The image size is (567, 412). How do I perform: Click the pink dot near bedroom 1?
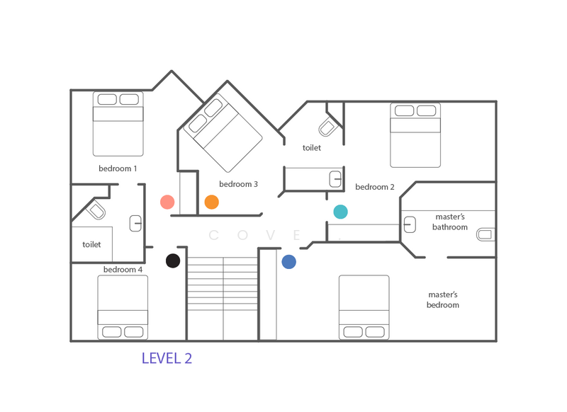click(167, 202)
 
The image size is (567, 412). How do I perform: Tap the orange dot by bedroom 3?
click(211, 202)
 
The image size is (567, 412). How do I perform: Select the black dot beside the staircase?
click(172, 261)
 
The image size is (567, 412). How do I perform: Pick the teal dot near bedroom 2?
click(341, 212)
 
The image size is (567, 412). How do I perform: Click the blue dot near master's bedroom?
click(288, 262)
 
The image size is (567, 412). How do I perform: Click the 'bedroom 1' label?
click(118, 168)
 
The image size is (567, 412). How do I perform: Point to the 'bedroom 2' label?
click(375, 187)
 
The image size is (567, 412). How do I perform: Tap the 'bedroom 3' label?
click(238, 184)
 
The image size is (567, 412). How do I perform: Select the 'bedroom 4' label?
click(123, 270)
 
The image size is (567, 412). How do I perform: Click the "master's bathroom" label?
click(451, 222)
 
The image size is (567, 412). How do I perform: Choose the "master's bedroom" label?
click(444, 299)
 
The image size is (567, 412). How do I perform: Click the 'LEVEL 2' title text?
click(167, 358)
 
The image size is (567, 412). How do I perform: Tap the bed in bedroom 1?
click(118, 123)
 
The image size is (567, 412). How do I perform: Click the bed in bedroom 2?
click(415, 135)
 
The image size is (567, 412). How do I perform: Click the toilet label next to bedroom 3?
click(312, 148)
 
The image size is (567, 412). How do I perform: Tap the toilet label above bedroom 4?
click(92, 244)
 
